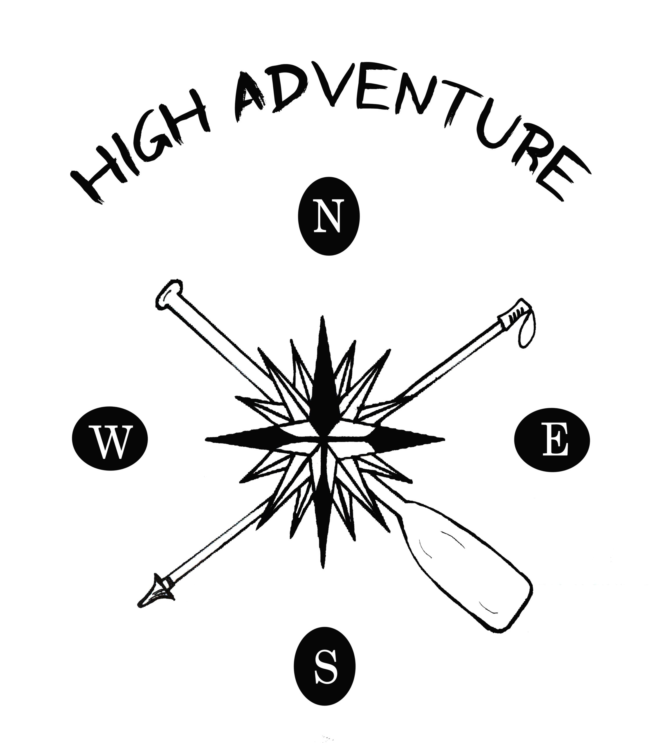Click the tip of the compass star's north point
tap(322, 316)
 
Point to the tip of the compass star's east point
tap(445, 439)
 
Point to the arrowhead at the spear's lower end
tap(156, 595)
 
